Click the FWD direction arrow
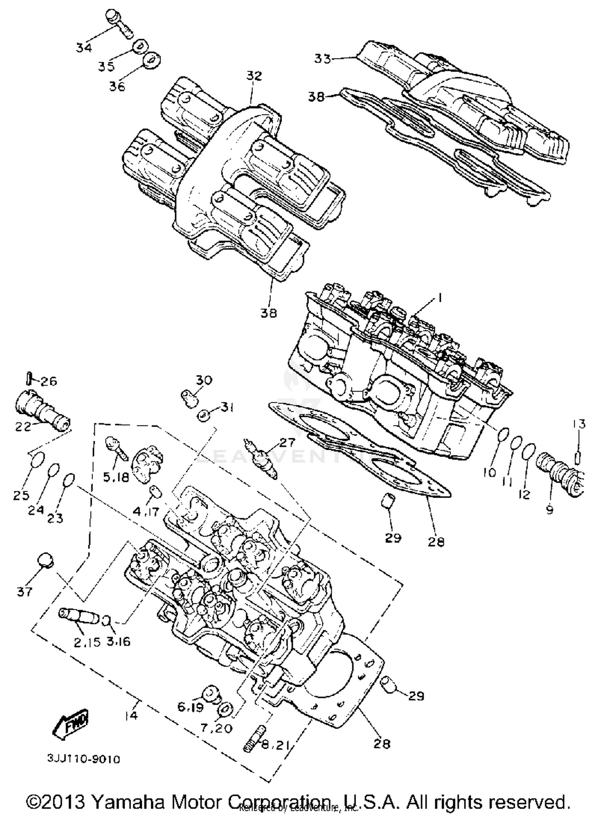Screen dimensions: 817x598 point(71,722)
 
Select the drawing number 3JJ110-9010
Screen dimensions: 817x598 point(84,759)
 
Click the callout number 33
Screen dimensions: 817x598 point(323,59)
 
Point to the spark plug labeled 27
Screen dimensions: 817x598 point(262,458)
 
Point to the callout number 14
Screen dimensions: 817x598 point(130,715)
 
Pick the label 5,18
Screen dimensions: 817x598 point(116,477)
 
